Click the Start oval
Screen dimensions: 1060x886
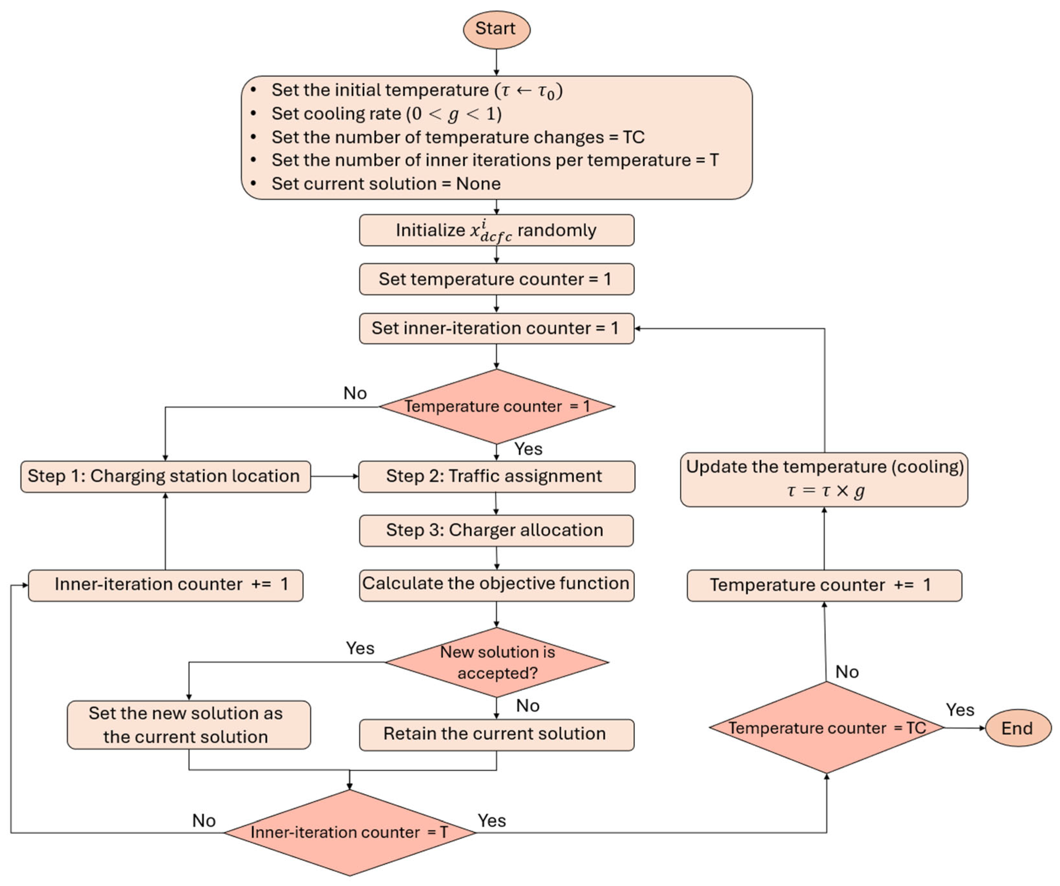coord(497,29)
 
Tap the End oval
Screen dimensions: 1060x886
coord(1018,728)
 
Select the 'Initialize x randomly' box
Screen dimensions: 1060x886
coord(497,230)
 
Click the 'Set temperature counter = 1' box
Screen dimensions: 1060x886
coord(497,279)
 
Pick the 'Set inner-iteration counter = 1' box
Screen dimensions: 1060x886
coord(497,328)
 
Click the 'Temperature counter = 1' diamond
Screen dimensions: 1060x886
coord(497,406)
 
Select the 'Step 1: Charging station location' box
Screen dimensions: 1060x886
coord(166,476)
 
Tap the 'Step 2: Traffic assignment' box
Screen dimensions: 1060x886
coord(497,476)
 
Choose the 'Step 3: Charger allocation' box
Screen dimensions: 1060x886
coord(497,530)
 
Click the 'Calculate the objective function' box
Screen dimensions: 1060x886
coord(497,585)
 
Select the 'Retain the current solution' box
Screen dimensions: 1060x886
coord(497,735)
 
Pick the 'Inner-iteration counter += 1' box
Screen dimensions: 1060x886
coord(166,585)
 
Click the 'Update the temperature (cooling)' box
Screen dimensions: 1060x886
coord(824,480)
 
